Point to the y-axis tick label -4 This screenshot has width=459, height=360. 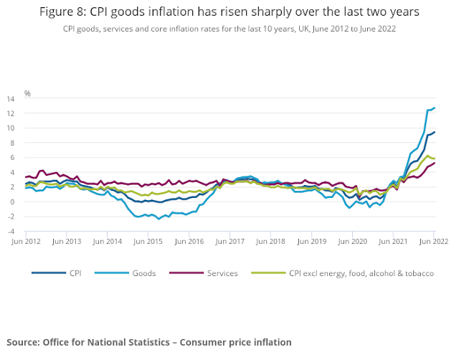(10, 231)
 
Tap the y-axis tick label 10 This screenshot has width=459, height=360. (10, 128)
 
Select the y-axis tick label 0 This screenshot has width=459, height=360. (11, 202)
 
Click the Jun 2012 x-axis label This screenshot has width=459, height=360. (26, 242)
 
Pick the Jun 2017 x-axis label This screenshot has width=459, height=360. (229, 242)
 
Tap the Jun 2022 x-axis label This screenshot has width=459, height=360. (434, 242)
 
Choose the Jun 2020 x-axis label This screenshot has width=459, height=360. (352, 242)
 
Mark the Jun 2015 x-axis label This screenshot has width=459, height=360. (148, 242)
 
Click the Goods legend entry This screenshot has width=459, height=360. (144, 273)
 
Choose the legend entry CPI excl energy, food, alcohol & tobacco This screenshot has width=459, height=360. (361, 273)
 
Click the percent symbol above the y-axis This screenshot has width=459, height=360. (27, 93)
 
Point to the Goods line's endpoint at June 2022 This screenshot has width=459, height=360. (434, 108)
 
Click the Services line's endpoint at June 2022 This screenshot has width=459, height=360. (434, 163)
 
